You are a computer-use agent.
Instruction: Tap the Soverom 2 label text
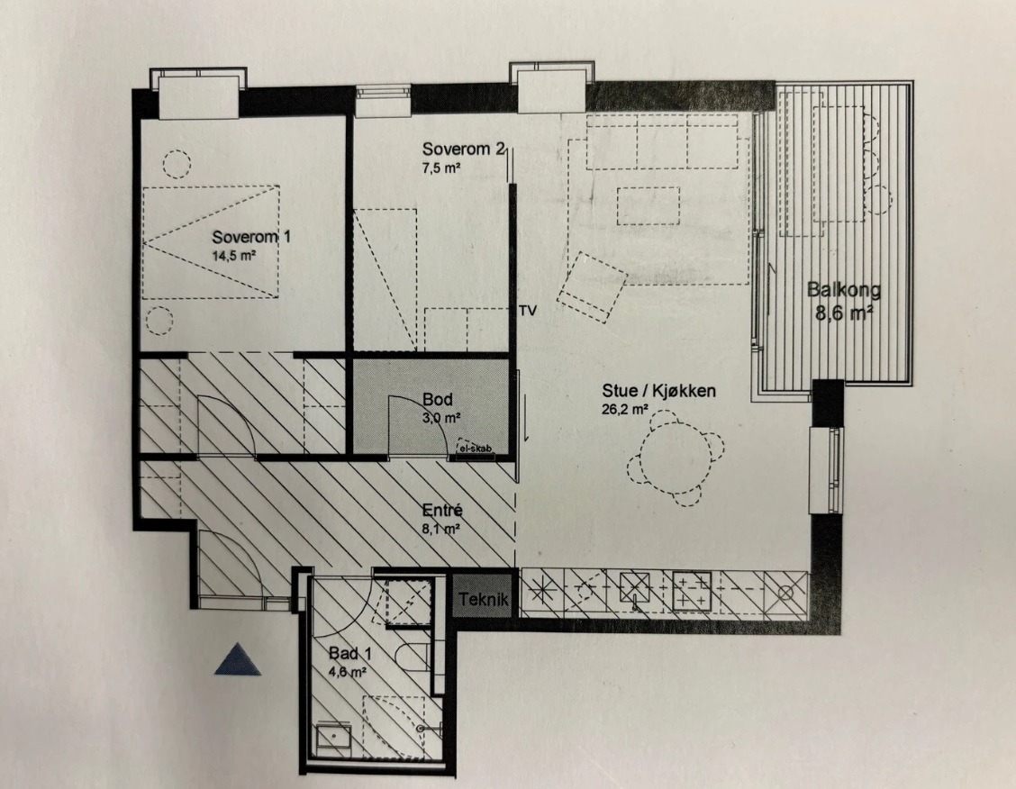463,149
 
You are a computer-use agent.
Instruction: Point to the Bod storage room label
438,399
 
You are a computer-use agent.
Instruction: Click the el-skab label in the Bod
476,449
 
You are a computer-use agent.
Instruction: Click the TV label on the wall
528,311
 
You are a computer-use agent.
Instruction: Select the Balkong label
844,289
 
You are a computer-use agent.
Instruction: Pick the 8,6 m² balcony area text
844,313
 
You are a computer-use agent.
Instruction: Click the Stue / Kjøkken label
659,391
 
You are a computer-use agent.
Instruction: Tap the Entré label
442,511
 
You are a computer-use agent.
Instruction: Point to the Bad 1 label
349,653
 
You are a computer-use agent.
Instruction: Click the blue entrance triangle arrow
238,659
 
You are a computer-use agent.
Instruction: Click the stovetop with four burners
692,592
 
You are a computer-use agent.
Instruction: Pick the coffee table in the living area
648,205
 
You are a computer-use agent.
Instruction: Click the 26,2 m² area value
625,410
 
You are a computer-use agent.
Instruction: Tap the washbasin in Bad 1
333,737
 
